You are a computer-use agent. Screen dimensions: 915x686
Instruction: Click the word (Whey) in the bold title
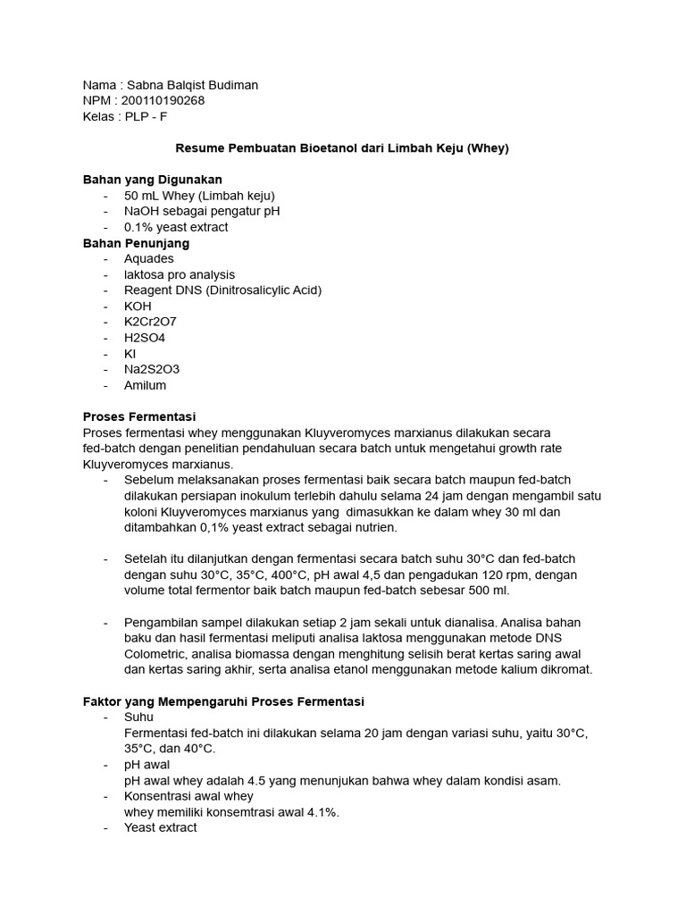coord(488,148)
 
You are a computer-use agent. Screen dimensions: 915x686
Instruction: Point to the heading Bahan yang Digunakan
coord(153,180)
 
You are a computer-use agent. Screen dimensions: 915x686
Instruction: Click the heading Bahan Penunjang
coord(136,243)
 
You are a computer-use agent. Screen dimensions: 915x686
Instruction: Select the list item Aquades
coord(149,259)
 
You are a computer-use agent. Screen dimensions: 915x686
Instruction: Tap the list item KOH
coord(138,306)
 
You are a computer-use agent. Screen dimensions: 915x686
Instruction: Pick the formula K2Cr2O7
coord(151,323)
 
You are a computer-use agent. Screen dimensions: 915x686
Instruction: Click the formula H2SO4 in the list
coord(145,338)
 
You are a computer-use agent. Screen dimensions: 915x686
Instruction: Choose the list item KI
coord(130,354)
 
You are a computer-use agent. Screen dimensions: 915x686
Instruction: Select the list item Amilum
coord(146,386)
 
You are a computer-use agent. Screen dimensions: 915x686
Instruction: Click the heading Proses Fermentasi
coord(138,417)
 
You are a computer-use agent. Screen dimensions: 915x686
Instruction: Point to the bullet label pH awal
coord(146,765)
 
